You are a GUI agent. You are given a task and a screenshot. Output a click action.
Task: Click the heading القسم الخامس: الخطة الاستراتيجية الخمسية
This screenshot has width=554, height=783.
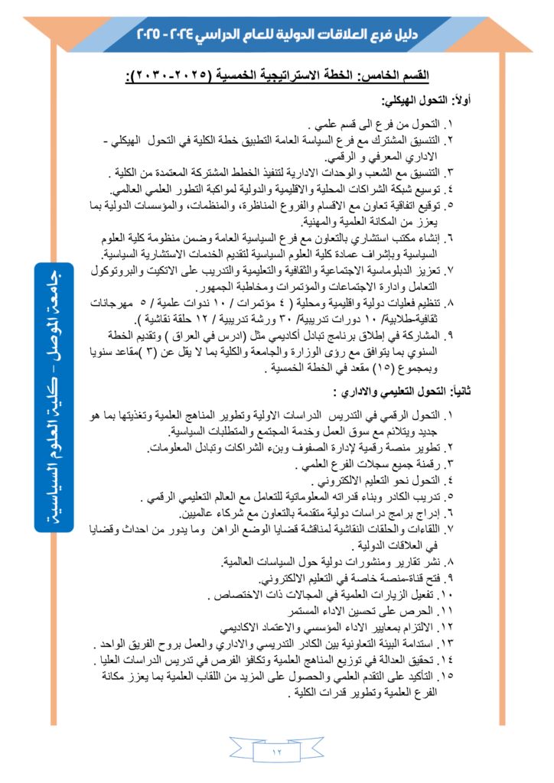(277, 76)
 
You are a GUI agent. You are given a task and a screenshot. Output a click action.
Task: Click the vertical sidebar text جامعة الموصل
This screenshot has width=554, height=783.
(57, 306)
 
